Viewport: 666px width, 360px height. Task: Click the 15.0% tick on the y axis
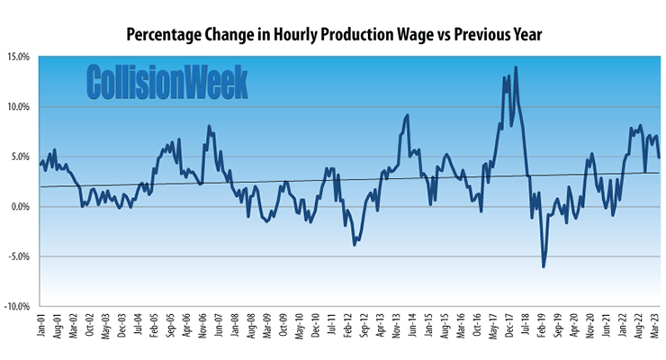18,57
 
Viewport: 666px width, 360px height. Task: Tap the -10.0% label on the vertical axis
16,306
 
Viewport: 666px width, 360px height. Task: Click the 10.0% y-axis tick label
18,107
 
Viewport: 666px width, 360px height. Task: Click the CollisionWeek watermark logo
166,82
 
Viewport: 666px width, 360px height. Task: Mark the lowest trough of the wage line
544,266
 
